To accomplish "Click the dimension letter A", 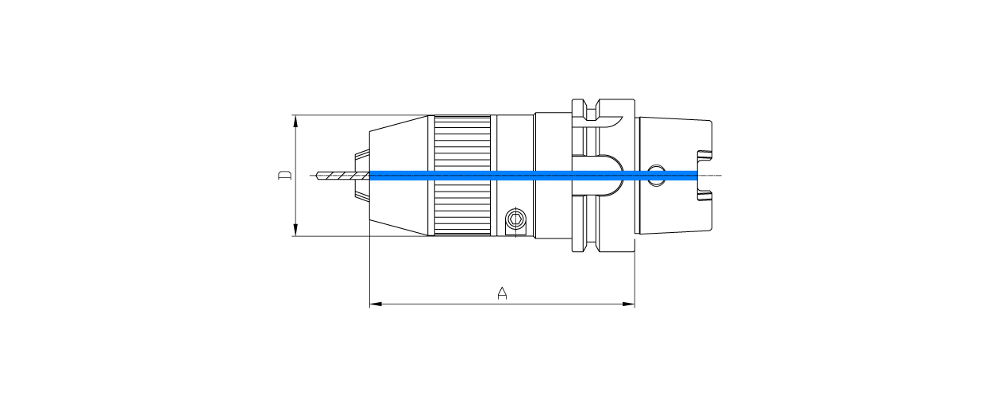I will point(502,293).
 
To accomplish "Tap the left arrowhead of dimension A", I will point(374,304).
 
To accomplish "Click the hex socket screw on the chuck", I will point(515,219).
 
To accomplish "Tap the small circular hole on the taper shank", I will point(656,176).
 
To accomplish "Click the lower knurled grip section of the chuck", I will point(462,208).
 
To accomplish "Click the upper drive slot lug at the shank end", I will point(704,157).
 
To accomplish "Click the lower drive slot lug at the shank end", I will point(704,192).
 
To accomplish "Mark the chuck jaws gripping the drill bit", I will point(362,175).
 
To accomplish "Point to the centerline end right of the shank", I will point(720,175).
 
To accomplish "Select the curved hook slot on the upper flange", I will point(608,123).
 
